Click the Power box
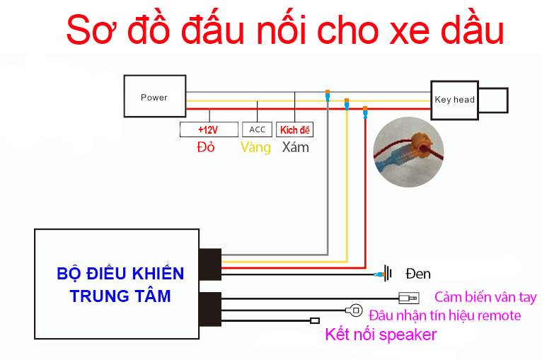tap(155, 97)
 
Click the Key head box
tap(454, 100)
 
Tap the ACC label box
tap(258, 129)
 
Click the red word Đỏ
tap(206, 148)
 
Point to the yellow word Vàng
tap(255, 148)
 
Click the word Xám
tap(295, 148)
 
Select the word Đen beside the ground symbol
tap(417, 274)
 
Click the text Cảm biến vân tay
tap(485, 297)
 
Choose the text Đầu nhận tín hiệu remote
tap(444, 315)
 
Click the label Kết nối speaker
tap(381, 335)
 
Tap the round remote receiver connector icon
tap(356, 310)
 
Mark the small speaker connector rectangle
tap(315, 321)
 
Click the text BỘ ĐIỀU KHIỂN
tap(120, 274)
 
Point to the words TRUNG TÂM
tap(120, 296)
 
